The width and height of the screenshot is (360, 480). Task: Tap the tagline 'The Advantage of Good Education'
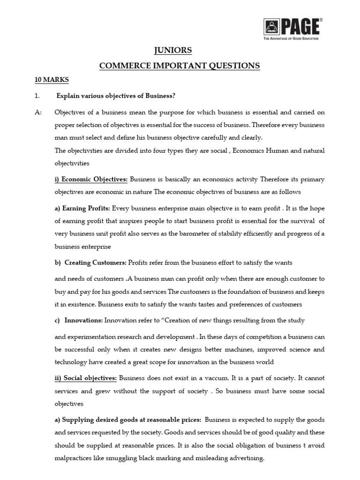[x=291, y=38]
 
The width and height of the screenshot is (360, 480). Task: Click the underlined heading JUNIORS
[x=180, y=51]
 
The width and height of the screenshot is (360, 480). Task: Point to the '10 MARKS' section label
[x=52, y=80]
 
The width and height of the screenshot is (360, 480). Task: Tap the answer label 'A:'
[x=38, y=112]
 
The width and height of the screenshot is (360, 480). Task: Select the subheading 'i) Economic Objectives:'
[x=91, y=179]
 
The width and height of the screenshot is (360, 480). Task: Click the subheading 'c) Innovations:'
[x=78, y=321]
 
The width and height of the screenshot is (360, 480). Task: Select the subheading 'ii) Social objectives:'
[x=86, y=378]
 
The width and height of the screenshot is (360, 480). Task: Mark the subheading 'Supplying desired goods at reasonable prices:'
[x=128, y=419]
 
